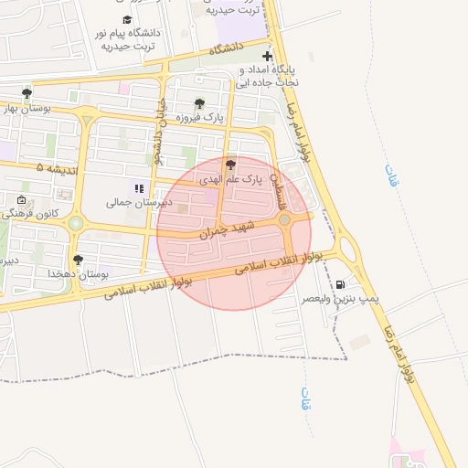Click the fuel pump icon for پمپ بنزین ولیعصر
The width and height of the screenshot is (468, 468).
[341, 284]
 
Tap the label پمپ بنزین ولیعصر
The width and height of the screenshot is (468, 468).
[340, 299]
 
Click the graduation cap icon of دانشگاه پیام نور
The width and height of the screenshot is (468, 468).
[126, 19]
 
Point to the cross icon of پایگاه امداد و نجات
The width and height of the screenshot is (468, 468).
[267, 56]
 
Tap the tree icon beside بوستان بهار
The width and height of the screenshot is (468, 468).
[27, 92]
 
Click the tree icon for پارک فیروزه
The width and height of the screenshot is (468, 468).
[200, 103]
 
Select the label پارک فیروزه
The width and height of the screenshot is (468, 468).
[200, 118]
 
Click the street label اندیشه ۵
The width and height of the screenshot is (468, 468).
[58, 169]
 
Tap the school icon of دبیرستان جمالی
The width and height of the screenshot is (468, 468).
[139, 188]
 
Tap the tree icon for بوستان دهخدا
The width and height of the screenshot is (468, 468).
[78, 260]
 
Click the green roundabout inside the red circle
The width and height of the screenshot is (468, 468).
[285, 219]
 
